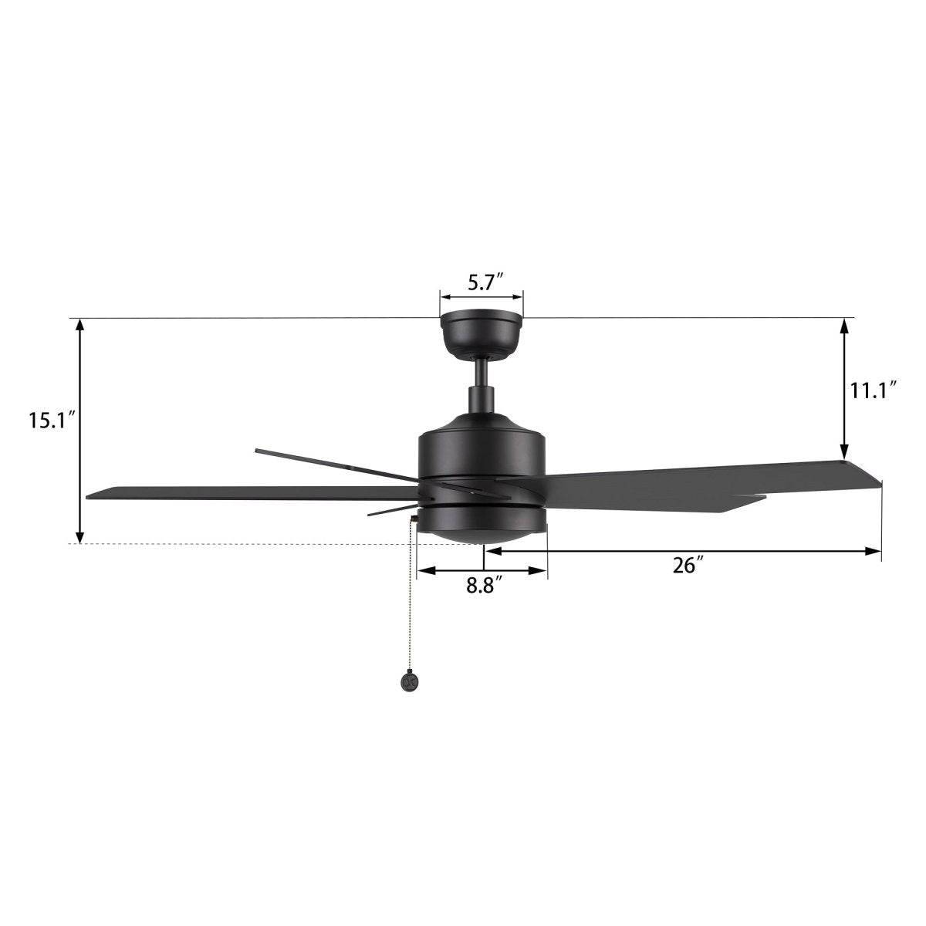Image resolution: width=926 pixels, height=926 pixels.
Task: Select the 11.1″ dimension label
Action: (x=873, y=390)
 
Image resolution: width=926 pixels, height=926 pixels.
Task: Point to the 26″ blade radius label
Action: (x=684, y=566)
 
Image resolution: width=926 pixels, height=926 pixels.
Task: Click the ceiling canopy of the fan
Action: (x=482, y=334)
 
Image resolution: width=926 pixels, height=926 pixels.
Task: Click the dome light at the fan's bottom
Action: (x=482, y=526)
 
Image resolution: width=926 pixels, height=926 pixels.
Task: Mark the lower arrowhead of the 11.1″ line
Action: (x=845, y=453)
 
